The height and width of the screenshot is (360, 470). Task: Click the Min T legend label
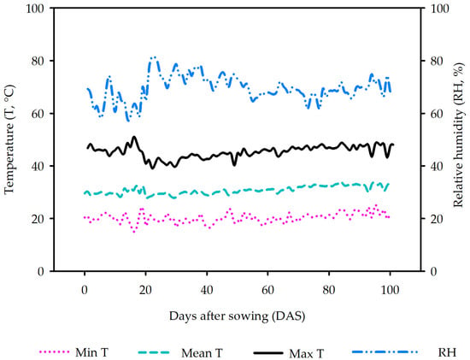[91, 352]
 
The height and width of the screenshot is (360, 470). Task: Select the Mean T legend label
[202, 353]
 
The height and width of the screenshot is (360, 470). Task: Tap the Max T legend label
[307, 353]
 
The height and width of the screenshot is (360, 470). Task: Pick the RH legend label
[447, 352]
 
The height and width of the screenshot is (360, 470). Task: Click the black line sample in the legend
[268, 353]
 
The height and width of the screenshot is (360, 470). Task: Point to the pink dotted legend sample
[54, 351]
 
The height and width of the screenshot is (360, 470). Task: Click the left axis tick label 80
[38, 61]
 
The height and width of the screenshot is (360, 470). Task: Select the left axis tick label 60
[38, 114]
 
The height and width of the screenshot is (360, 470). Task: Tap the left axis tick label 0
[41, 271]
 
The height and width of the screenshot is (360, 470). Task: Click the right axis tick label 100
[440, 9]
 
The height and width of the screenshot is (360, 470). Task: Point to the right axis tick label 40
[437, 166]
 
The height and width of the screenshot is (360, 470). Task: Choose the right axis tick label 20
[437, 219]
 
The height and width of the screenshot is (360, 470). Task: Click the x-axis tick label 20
[145, 290]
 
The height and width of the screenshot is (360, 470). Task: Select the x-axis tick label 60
[267, 290]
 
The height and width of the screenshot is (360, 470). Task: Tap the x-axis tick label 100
[390, 290]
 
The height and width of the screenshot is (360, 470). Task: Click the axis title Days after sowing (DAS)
[237, 316]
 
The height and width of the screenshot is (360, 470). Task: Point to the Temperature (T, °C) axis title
[9, 139]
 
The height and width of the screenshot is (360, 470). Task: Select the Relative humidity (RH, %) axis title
[459, 135]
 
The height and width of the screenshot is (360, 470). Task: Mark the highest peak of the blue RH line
[154, 57]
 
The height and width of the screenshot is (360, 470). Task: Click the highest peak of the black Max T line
[134, 137]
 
